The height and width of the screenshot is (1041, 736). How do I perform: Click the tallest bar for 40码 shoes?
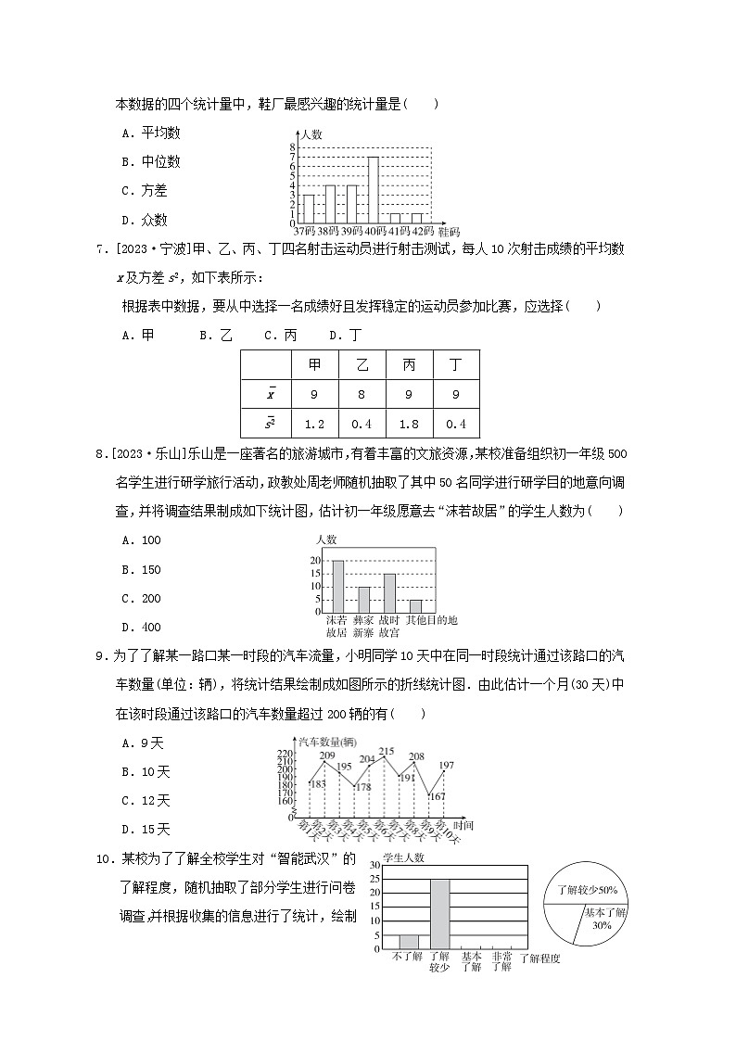[373, 190]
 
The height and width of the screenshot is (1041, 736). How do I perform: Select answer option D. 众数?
[144, 221]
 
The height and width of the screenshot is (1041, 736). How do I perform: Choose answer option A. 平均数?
[144, 133]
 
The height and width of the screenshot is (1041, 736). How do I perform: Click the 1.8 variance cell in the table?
[409, 425]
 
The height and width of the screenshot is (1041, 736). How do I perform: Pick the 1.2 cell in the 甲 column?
[314, 425]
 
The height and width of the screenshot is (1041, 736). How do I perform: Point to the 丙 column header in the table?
[409, 364]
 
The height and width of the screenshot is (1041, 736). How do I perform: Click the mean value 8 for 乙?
[362, 395]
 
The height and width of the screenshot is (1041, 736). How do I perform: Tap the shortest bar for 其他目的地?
[415, 605]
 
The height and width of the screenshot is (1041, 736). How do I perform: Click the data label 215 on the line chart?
[387, 751]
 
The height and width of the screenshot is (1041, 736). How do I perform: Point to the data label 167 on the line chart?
[438, 796]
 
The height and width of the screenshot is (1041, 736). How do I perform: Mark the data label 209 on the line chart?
[326, 755]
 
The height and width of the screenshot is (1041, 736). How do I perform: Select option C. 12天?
[146, 800]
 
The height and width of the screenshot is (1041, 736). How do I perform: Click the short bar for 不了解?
[408, 941]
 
